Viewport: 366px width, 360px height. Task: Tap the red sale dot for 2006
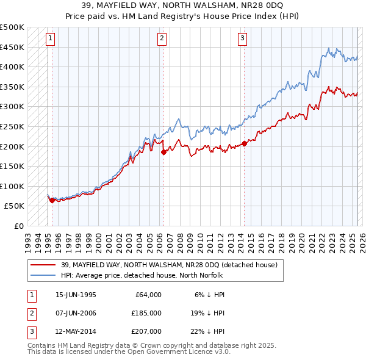[163, 153]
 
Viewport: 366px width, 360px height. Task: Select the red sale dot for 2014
[244, 143]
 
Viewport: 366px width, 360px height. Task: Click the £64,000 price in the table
[148, 295]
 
